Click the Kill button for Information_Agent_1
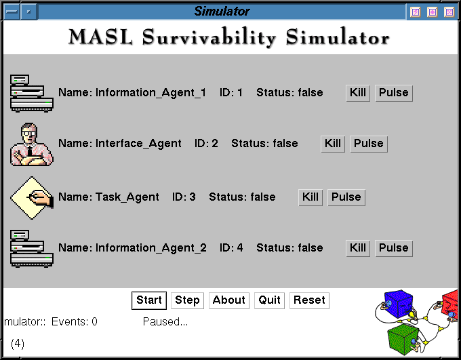[358, 94]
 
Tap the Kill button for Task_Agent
[310, 197]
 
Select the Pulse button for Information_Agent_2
[394, 248]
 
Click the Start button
[149, 300]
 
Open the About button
[229, 300]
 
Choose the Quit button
[269, 300]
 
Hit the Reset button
[309, 300]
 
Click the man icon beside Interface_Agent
[32, 144]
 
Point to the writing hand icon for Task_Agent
[32, 198]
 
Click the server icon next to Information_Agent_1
[32, 94]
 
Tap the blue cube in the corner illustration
[399, 304]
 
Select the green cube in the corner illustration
[403, 340]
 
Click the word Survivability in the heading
[209, 38]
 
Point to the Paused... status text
[165, 322]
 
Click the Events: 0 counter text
[75, 322]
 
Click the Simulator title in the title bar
[222, 12]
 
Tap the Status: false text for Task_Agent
[242, 197]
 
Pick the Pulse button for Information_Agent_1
[394, 94]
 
